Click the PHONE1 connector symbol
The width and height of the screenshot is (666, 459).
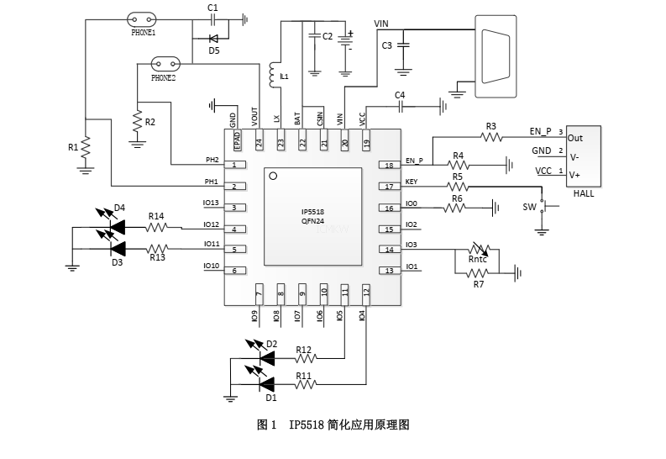[144, 19]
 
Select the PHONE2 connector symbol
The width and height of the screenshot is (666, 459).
[165, 64]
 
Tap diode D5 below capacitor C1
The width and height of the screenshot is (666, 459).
[213, 38]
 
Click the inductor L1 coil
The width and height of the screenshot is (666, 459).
[272, 76]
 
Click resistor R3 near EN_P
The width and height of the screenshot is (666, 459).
[490, 136]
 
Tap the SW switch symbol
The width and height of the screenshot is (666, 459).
[542, 206]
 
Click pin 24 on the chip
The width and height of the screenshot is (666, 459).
[259, 144]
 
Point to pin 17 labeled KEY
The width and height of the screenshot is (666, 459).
[389, 187]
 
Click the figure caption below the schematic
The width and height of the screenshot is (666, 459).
[333, 425]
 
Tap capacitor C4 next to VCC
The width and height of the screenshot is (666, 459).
[401, 106]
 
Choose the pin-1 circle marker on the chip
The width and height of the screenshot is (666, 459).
[271, 176]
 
